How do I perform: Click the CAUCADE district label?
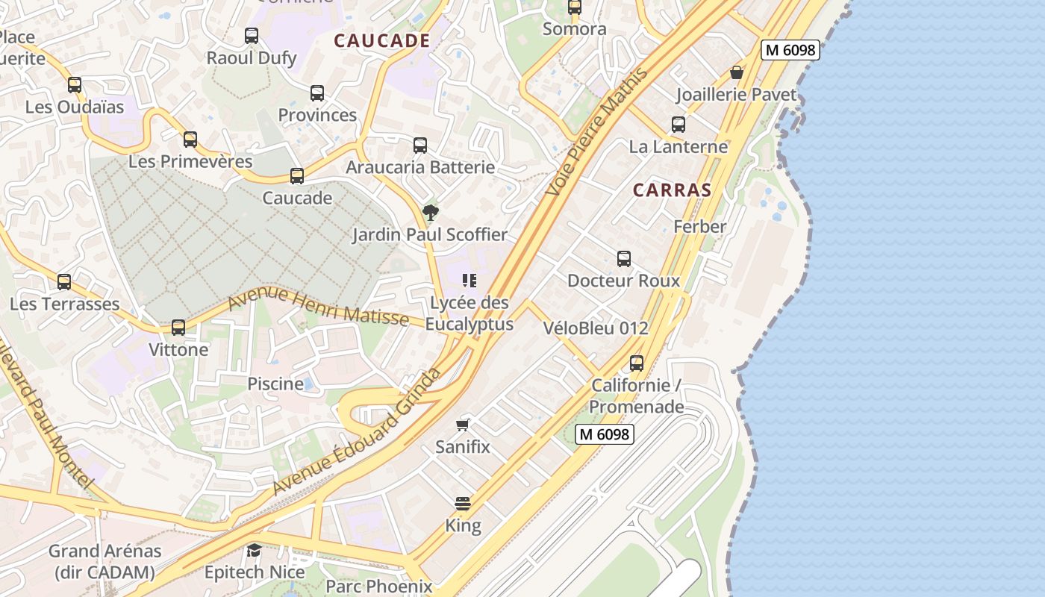pyautogui.click(x=381, y=41)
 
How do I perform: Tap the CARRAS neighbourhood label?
pyautogui.click(x=672, y=190)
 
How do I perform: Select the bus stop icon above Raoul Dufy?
pyautogui.click(x=252, y=35)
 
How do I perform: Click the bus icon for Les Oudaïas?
pyautogui.click(x=75, y=85)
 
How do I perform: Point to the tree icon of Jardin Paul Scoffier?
pyautogui.click(x=430, y=213)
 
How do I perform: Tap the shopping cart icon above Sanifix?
pyautogui.click(x=463, y=425)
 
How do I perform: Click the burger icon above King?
pyautogui.click(x=463, y=503)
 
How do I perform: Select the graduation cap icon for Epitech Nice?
pyautogui.click(x=255, y=551)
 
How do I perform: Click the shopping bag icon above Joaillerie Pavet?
pyautogui.click(x=737, y=72)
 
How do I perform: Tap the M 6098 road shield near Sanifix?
pyautogui.click(x=605, y=434)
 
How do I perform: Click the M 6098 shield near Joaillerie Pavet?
pyautogui.click(x=790, y=50)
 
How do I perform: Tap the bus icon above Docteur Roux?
pyautogui.click(x=624, y=259)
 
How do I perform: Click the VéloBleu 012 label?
pyautogui.click(x=596, y=328)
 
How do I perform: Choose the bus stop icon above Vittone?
pyautogui.click(x=178, y=328)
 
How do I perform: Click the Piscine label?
pyautogui.click(x=275, y=384)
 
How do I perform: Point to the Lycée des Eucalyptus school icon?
pyautogui.click(x=469, y=281)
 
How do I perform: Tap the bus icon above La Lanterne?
pyautogui.click(x=678, y=125)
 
